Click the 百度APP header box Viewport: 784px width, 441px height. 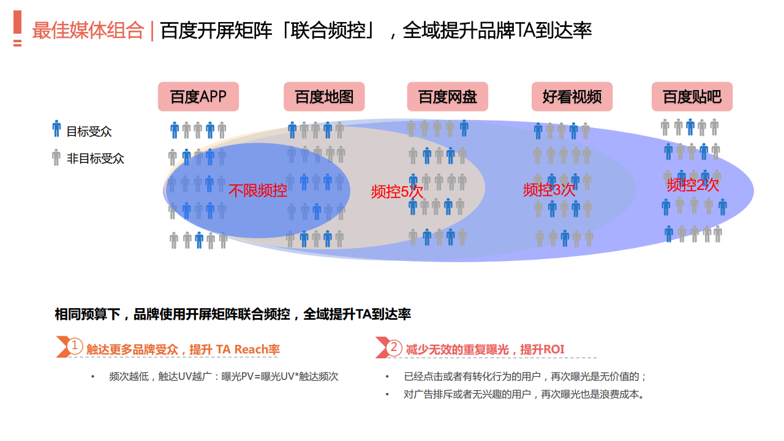(198, 97)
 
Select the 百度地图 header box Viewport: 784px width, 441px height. (324, 97)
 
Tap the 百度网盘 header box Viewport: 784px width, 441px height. (448, 97)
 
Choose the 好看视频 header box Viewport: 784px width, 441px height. (572, 97)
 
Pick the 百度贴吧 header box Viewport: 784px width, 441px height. (692, 97)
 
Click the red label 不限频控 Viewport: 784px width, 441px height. (258, 190)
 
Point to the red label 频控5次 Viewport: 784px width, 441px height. (397, 192)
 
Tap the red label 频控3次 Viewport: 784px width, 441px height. (549, 190)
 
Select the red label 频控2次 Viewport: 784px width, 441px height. (693, 185)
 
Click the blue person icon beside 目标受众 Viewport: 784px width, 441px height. (56, 129)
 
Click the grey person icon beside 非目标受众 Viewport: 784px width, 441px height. (56, 157)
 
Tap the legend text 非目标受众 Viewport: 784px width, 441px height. (95, 159)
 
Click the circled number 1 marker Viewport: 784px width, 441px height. (74, 346)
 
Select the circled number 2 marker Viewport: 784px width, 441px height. (394, 347)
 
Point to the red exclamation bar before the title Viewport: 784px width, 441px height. (18, 28)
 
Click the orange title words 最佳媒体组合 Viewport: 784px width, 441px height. (88, 30)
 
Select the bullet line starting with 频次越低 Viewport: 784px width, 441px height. (224, 377)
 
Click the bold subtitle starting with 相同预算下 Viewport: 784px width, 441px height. (233, 314)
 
